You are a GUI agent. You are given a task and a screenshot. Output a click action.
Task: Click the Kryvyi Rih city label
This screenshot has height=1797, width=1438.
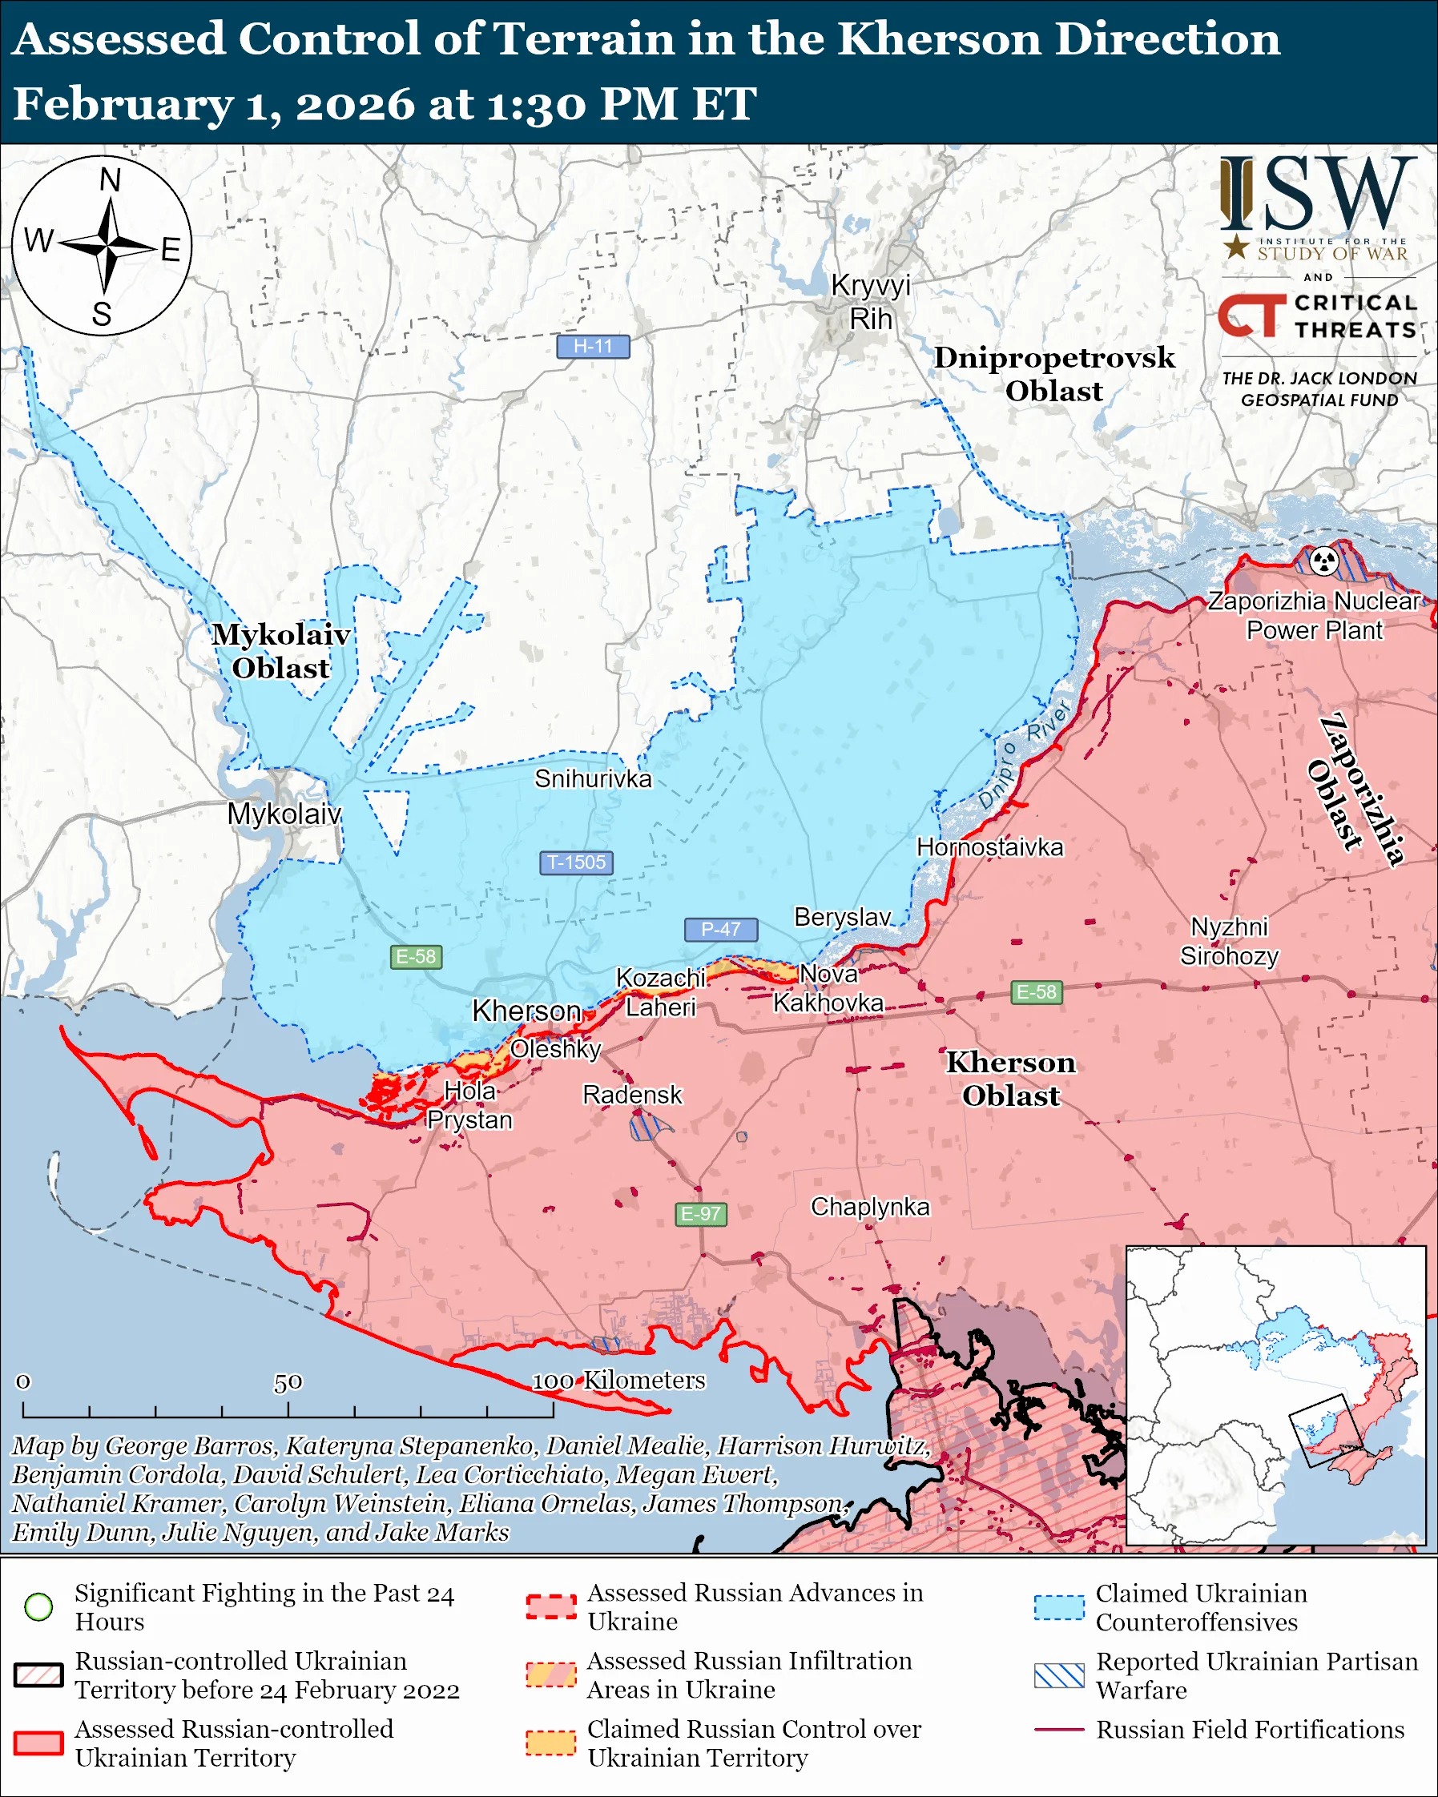click(x=870, y=302)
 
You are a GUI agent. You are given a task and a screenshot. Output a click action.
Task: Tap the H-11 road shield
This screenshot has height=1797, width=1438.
click(x=593, y=346)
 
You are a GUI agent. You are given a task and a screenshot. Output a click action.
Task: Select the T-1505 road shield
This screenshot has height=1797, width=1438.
click(x=576, y=862)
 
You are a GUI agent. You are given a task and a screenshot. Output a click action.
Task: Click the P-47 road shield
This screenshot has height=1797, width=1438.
click(x=720, y=928)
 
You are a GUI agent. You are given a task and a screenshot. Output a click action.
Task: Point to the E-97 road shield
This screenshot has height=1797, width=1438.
click(x=700, y=1213)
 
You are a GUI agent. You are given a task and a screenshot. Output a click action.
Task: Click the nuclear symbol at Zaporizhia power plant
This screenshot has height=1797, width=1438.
click(x=1323, y=561)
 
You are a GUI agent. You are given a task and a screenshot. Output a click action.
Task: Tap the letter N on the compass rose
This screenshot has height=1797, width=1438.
click(x=110, y=180)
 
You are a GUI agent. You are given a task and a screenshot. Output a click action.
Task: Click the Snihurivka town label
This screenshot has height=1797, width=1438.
click(x=593, y=778)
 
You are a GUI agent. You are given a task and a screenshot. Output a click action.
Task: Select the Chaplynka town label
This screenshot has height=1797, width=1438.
click(x=869, y=1206)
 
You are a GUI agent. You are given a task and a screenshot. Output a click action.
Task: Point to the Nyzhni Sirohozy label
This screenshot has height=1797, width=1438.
click(x=1229, y=941)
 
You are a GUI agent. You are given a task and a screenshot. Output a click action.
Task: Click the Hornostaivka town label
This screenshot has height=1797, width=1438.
click(x=989, y=846)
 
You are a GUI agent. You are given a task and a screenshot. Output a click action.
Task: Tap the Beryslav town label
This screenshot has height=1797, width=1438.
click(x=842, y=917)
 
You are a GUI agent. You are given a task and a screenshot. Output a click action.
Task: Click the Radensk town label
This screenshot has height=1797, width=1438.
click(x=632, y=1095)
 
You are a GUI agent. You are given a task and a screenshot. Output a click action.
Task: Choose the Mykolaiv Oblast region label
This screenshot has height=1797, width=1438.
click(x=281, y=651)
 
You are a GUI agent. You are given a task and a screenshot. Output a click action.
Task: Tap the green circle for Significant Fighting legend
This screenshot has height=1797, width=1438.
click(x=39, y=1606)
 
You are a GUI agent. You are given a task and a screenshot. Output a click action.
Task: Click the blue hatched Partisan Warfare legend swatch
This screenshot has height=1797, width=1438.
click(x=1059, y=1675)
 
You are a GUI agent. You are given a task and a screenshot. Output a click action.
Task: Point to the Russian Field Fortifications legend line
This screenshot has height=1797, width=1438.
click(x=1059, y=1730)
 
